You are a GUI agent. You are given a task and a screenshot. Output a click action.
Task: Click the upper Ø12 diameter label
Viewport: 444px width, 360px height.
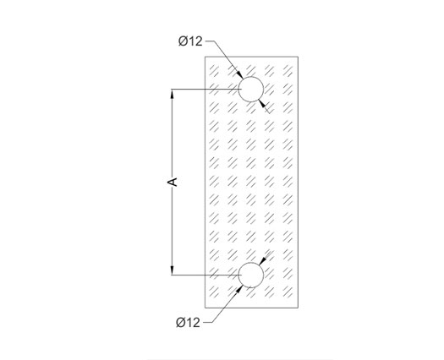tap(190, 41)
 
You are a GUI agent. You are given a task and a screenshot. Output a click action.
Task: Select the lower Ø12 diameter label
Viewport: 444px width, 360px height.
tap(188, 322)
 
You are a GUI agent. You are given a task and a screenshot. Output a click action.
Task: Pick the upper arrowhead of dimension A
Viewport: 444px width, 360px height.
tap(172, 95)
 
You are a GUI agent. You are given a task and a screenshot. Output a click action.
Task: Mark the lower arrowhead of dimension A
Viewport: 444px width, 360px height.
tap(172, 270)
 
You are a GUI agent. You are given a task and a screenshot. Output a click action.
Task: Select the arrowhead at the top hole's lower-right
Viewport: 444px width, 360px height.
tap(262, 103)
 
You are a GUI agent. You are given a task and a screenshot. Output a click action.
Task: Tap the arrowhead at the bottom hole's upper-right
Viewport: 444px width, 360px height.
tap(263, 261)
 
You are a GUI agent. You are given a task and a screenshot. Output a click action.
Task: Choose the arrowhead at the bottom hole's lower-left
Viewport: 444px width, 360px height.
tap(239, 290)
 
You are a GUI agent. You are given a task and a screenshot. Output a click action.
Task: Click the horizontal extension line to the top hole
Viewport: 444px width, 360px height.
tap(205, 90)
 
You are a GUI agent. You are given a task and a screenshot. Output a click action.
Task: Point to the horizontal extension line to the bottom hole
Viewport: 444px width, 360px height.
tap(205, 275)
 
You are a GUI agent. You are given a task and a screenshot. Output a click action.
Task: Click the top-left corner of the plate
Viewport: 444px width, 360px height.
tap(206, 57)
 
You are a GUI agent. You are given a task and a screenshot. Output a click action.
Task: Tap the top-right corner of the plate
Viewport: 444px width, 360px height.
tap(298, 57)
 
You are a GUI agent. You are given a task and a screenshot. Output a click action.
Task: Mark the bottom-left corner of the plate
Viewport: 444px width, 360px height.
tap(206, 308)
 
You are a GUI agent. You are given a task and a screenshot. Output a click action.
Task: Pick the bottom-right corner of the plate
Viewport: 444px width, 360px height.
tap(298, 308)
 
